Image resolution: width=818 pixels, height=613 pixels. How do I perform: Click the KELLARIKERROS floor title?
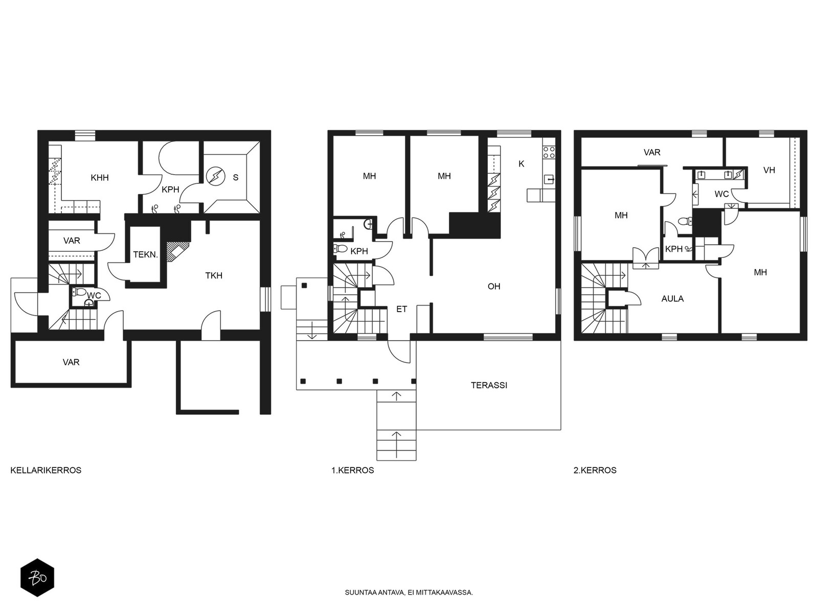(46, 470)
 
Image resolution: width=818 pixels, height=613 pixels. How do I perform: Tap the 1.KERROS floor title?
(353, 470)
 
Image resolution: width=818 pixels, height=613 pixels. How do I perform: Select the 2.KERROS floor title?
(595, 470)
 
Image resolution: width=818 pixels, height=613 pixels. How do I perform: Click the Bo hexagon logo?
(37, 578)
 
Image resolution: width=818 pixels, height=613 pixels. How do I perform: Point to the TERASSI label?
(489, 385)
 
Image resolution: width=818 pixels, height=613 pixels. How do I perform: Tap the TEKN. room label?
(146, 254)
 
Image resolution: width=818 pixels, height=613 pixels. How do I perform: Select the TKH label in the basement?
(214, 275)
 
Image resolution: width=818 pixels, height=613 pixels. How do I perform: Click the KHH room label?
(100, 178)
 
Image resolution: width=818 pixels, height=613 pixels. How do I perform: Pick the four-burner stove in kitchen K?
(549, 152)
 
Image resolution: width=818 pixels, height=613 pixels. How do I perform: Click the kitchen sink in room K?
(549, 179)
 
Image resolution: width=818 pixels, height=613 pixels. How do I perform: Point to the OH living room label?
(494, 286)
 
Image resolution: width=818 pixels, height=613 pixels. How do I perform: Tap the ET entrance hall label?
(401, 309)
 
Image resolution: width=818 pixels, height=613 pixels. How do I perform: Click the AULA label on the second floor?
(672, 298)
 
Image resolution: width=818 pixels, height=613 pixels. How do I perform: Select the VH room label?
(769, 170)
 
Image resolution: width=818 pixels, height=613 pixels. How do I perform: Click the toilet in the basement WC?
(80, 292)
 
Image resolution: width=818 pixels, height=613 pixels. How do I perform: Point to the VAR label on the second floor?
(652, 152)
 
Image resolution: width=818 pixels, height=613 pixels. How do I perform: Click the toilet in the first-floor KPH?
(340, 248)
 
